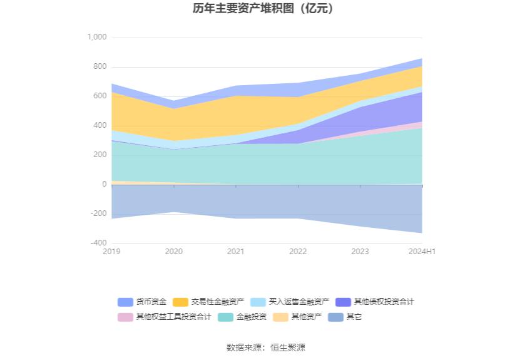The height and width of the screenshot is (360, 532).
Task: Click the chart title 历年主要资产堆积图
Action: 265,9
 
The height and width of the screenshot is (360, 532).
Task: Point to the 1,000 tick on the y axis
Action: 97,38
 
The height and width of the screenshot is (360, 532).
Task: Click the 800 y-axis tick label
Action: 100,67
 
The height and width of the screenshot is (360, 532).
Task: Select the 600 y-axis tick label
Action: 100,96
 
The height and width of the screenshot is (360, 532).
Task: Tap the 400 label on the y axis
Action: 100,126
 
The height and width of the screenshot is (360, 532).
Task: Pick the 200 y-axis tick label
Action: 100,155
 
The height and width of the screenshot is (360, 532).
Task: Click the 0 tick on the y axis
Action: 104,185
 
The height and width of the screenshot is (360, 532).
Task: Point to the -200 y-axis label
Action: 98,214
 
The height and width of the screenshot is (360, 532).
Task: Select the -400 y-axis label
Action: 98,243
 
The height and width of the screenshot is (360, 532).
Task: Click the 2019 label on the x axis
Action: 111,252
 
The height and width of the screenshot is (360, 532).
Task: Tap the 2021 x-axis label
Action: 236,252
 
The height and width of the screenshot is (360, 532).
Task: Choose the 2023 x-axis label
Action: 360,252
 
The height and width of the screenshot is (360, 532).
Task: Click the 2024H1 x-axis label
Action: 421,252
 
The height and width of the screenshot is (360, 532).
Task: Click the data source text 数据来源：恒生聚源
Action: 265,347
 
